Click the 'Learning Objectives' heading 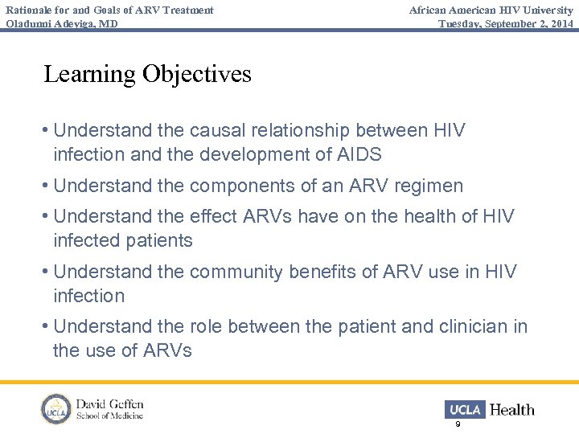click(147, 74)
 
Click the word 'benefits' click(326, 272)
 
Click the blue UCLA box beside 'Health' click(464, 409)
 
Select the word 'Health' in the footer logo click(512, 409)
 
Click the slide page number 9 click(458, 424)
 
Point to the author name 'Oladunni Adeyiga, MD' click(62, 23)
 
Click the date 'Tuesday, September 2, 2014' click(506, 23)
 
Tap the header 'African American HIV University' click(491, 10)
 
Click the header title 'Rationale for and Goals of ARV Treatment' click(109, 10)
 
